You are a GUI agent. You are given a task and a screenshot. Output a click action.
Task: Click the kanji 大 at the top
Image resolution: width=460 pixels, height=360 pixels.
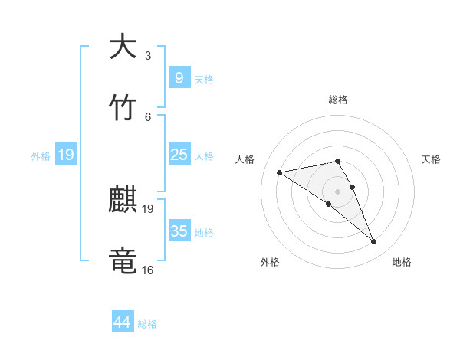click(x=122, y=47)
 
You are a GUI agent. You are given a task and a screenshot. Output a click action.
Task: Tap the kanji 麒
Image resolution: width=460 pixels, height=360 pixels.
click(x=122, y=200)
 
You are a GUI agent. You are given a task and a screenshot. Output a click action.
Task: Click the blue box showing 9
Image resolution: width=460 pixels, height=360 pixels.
click(x=179, y=77)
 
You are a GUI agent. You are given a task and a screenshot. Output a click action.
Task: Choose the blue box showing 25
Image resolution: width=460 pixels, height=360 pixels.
click(x=179, y=155)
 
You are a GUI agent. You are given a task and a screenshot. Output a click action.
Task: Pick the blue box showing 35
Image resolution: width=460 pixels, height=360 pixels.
click(x=179, y=231)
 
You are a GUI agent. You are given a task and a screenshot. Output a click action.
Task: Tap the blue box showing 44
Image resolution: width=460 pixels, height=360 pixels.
click(x=123, y=322)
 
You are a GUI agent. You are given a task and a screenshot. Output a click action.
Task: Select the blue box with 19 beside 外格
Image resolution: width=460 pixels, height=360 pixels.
click(x=66, y=155)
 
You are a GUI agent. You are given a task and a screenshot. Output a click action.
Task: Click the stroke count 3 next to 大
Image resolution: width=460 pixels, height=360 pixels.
click(x=148, y=56)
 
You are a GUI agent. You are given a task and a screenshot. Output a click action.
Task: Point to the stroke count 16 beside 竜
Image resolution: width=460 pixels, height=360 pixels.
click(x=148, y=270)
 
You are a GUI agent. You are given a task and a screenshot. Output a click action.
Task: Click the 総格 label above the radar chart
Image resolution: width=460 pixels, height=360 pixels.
click(x=338, y=100)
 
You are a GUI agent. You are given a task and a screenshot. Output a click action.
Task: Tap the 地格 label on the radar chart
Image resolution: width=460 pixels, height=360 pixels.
click(x=402, y=262)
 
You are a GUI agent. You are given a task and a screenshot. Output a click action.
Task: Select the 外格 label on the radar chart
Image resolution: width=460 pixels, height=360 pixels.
click(x=270, y=262)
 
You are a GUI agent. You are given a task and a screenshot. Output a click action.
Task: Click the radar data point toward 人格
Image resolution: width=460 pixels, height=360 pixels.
click(x=279, y=172)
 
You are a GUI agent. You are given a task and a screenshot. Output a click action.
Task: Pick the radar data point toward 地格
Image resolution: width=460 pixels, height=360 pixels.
click(x=374, y=242)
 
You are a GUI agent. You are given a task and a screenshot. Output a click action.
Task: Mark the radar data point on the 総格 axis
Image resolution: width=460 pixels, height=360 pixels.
click(x=337, y=161)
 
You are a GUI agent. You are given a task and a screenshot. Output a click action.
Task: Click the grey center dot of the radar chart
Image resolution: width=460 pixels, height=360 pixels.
click(x=337, y=190)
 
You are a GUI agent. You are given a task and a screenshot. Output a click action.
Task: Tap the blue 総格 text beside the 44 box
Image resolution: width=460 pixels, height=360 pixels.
click(x=147, y=324)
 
